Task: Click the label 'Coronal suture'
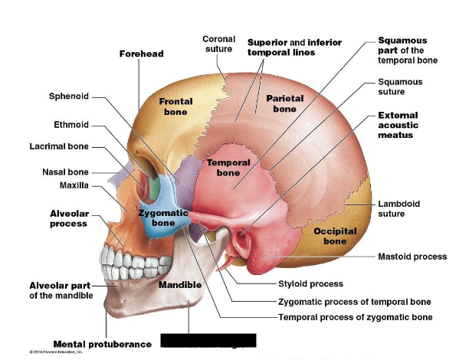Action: coord(218,44)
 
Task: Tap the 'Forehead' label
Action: coord(141,54)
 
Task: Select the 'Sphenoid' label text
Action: coord(69,97)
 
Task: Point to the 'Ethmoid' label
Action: coord(71,124)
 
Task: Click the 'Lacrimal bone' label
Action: coord(59,146)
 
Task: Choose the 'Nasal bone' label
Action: coord(65,172)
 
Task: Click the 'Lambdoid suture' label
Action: coord(398,208)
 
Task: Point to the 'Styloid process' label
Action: coord(310,283)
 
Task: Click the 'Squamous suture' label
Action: coord(400,87)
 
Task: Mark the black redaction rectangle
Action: coord(208,339)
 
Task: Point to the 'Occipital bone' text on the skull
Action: coord(335,236)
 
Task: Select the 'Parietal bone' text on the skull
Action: coord(285,103)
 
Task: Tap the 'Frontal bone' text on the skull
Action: coord(175,106)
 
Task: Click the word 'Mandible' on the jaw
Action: coord(180,285)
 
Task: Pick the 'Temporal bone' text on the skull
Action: coord(228,168)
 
